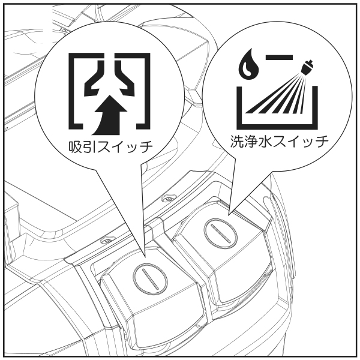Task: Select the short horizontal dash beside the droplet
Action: tap(279, 57)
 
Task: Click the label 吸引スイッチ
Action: tap(110, 146)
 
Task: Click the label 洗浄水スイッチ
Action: tap(279, 141)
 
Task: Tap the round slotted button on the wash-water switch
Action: tap(221, 234)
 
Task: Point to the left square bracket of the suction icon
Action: tap(76, 91)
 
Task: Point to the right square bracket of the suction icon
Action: tap(143, 91)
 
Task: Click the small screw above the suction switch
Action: tap(106, 241)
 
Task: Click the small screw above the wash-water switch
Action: tap(169, 199)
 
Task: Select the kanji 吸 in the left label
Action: tap(76, 146)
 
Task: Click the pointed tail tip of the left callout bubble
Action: tap(145, 256)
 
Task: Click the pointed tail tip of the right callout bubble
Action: tap(229, 215)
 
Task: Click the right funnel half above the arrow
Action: tap(126, 78)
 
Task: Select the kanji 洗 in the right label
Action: tap(238, 141)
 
